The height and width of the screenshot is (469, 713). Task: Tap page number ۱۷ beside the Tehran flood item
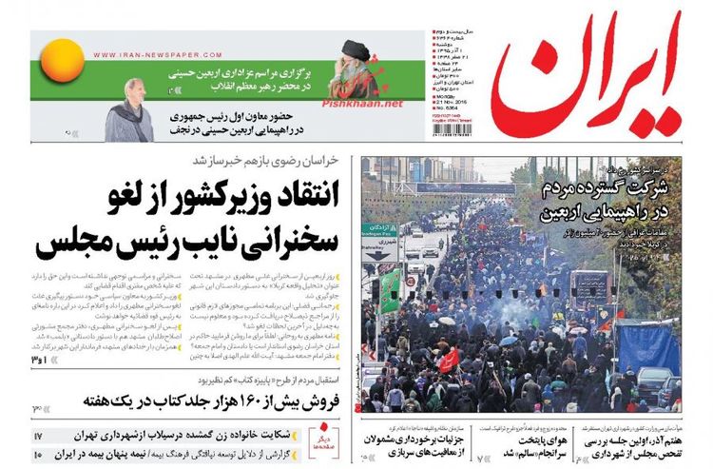39,436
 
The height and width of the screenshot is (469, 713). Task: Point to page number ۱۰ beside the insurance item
39,454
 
